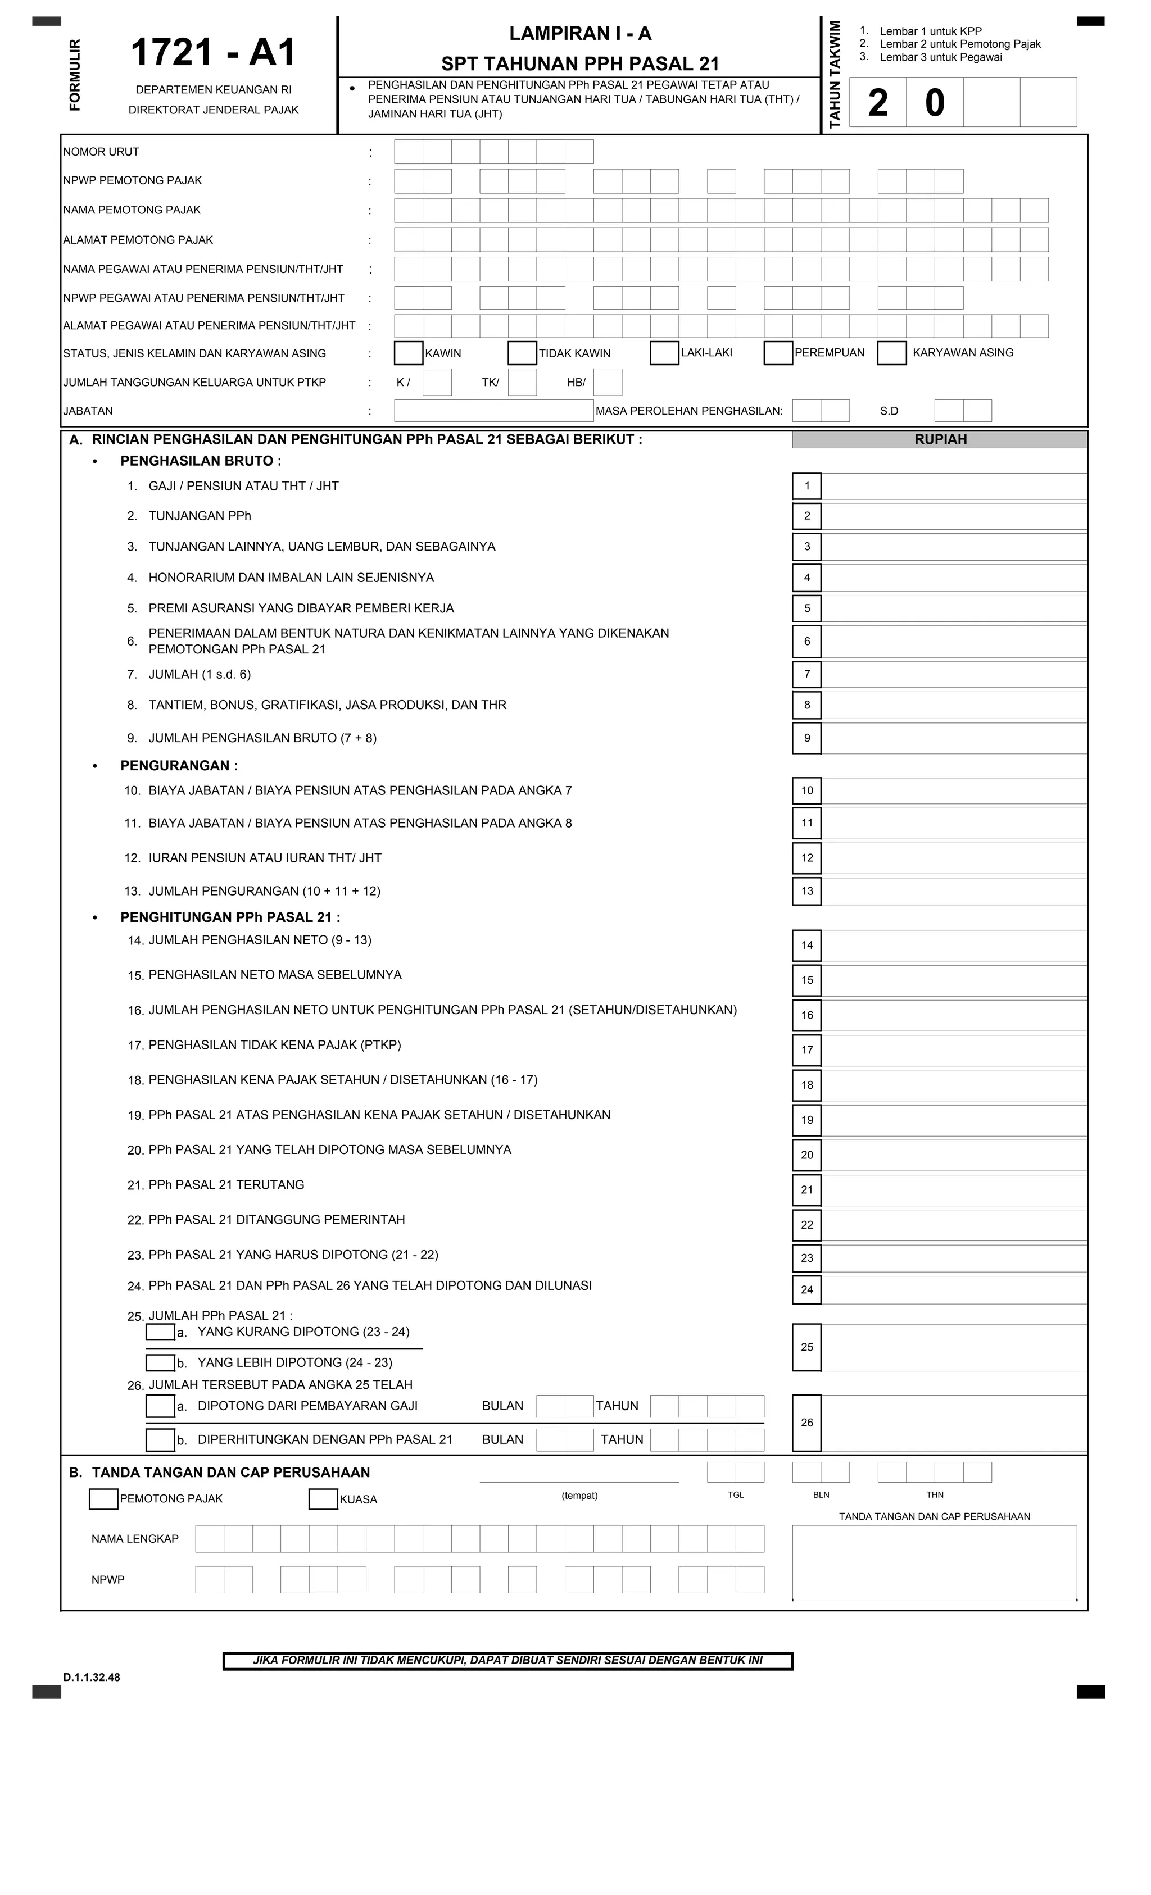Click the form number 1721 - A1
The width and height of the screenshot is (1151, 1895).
point(213,53)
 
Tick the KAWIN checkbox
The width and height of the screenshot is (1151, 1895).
point(408,353)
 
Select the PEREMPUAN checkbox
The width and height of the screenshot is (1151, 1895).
point(778,353)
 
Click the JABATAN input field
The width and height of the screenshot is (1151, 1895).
point(493,411)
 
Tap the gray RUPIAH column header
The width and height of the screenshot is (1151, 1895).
point(940,439)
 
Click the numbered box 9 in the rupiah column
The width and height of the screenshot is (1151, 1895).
point(806,738)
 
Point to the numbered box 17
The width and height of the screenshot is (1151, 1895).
point(806,1050)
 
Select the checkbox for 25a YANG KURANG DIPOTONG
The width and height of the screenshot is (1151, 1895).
point(160,1332)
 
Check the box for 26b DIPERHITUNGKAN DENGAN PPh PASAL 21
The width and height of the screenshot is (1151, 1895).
point(160,1439)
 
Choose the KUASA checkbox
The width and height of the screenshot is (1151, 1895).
point(323,1499)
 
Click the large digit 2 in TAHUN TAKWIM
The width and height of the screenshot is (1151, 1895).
point(877,102)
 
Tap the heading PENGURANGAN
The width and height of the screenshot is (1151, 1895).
point(179,765)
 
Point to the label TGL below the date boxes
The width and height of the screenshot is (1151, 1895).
point(736,1494)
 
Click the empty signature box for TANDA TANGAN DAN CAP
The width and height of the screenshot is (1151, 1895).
point(934,1563)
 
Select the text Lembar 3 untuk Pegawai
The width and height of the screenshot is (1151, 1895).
point(940,57)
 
